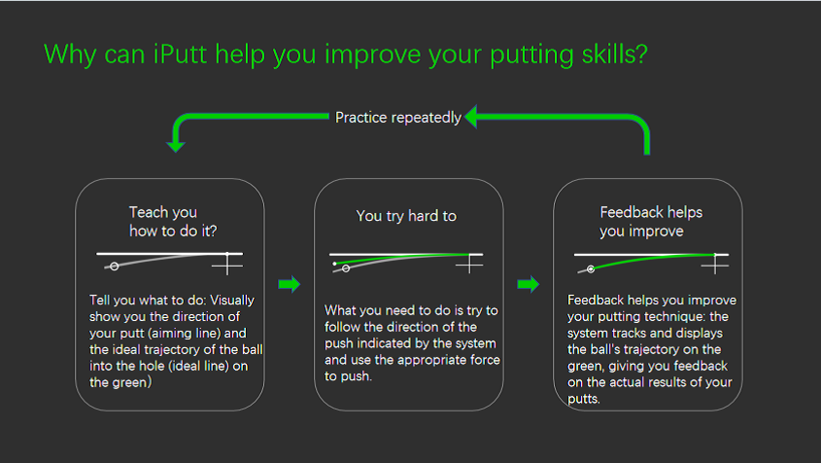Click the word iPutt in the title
(180, 54)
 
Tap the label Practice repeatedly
(398, 118)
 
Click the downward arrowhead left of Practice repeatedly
(176, 145)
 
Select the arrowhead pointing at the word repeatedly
(471, 117)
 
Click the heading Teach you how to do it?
(173, 221)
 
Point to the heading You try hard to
(406, 216)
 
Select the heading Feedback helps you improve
(651, 221)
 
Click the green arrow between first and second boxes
(289, 284)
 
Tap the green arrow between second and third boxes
(528, 284)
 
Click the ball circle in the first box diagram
(114, 267)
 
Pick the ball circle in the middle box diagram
(346, 268)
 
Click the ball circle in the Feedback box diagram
(591, 269)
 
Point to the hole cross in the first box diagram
(227, 266)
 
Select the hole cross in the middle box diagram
(469, 265)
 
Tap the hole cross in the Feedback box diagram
(715, 266)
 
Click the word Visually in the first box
(232, 301)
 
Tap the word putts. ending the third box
(584, 399)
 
